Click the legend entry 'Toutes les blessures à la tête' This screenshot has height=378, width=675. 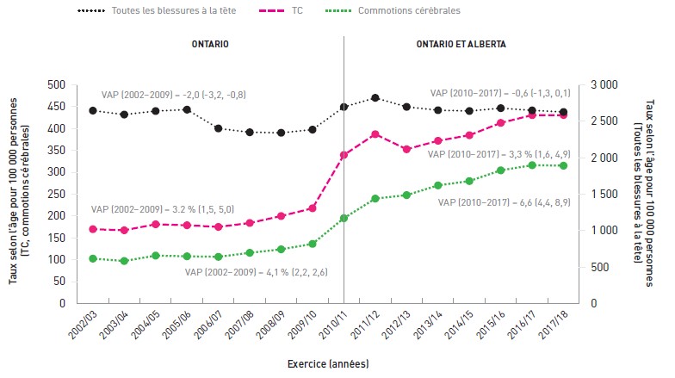[x=157, y=10]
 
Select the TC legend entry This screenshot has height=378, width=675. [x=281, y=10]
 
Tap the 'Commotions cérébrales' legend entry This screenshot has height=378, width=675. [x=393, y=10]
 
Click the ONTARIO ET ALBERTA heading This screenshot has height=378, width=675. [x=461, y=44]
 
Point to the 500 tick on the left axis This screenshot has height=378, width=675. [x=57, y=84]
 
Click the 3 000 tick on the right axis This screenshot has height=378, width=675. [x=604, y=84]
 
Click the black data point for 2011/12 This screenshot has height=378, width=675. [x=375, y=98]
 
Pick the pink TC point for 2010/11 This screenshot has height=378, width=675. [x=344, y=155]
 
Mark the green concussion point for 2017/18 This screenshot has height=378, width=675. [x=563, y=165]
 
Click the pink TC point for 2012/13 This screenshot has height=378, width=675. [x=406, y=150]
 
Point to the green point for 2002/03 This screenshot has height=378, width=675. [x=93, y=258]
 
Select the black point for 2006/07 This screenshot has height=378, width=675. [x=219, y=128]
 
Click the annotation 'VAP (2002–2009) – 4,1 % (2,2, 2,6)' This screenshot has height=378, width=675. [x=257, y=272]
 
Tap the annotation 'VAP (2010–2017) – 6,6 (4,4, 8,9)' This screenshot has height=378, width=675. [x=505, y=202]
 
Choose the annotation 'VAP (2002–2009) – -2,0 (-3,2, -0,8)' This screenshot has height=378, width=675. [x=174, y=95]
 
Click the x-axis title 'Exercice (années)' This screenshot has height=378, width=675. [x=328, y=363]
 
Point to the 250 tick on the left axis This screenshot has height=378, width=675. [x=57, y=195]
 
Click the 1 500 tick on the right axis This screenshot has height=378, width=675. [x=604, y=195]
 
